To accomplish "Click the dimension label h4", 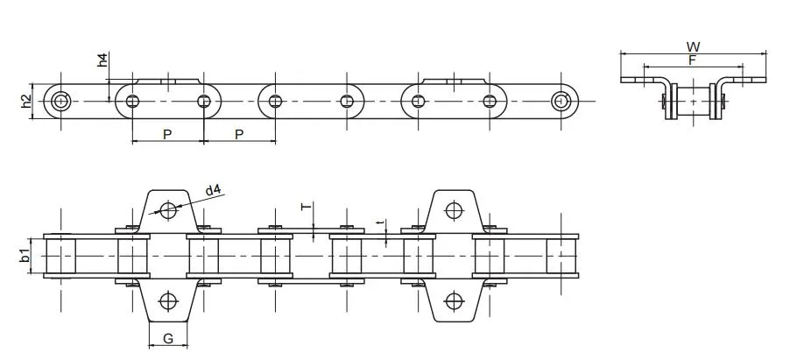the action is point(102,60).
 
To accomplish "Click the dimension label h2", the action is point(26,102).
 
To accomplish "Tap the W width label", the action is point(693,46).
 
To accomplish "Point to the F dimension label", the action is point(692,60).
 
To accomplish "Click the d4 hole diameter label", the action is point(213,190).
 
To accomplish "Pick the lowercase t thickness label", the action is point(379,223).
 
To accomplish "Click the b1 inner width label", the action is point(26,256).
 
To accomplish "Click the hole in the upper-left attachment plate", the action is point(167,209).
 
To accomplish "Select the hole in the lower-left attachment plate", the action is point(167,302).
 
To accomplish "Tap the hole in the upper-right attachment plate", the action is point(453,209).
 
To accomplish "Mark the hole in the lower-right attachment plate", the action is point(453,302).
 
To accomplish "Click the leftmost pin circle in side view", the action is point(60,102).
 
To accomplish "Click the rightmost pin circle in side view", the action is point(561,102).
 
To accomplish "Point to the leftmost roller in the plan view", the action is point(60,256).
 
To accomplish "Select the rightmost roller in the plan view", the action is point(561,256).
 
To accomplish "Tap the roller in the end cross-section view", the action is point(693,102).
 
